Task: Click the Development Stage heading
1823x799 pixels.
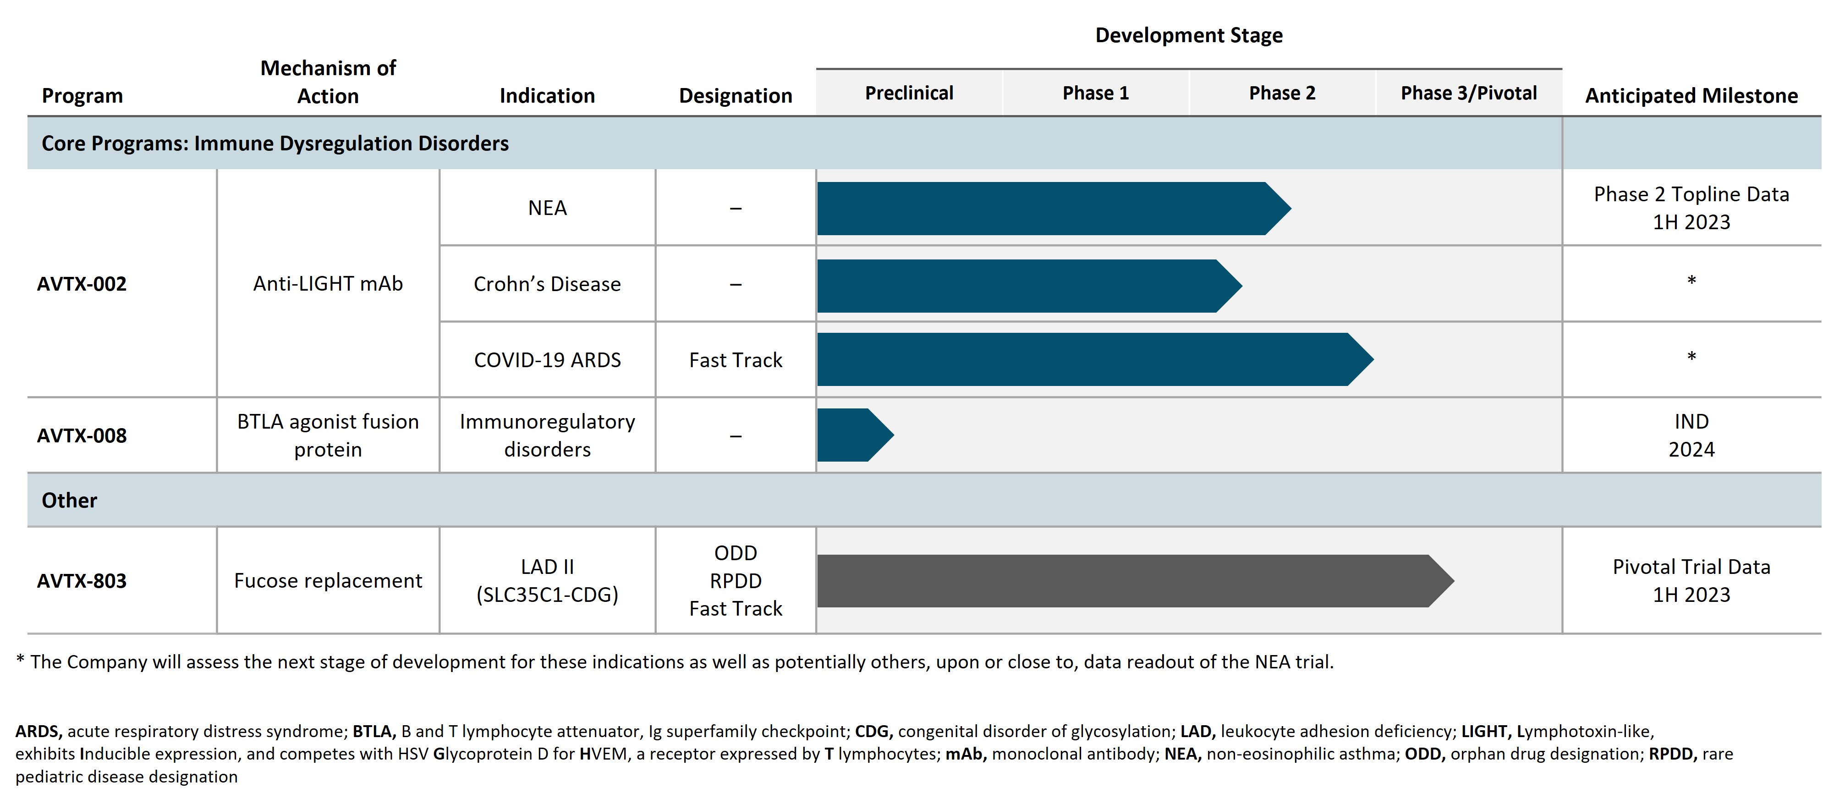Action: [x=1188, y=35]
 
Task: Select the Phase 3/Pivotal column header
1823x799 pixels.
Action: [x=1468, y=94]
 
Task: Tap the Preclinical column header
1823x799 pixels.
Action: [x=909, y=94]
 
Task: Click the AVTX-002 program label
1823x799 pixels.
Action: [x=82, y=284]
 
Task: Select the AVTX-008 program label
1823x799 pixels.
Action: [x=82, y=435]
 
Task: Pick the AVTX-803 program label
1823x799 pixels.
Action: [x=82, y=581]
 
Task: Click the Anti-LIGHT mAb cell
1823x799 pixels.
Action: [x=328, y=284]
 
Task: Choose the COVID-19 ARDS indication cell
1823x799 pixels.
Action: [x=547, y=360]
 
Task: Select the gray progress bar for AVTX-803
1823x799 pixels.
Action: [x=1132, y=581]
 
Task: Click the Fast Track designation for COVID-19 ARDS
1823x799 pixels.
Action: [x=735, y=360]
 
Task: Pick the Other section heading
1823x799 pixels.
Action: [x=69, y=500]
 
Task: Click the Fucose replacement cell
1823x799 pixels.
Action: [x=328, y=581]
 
